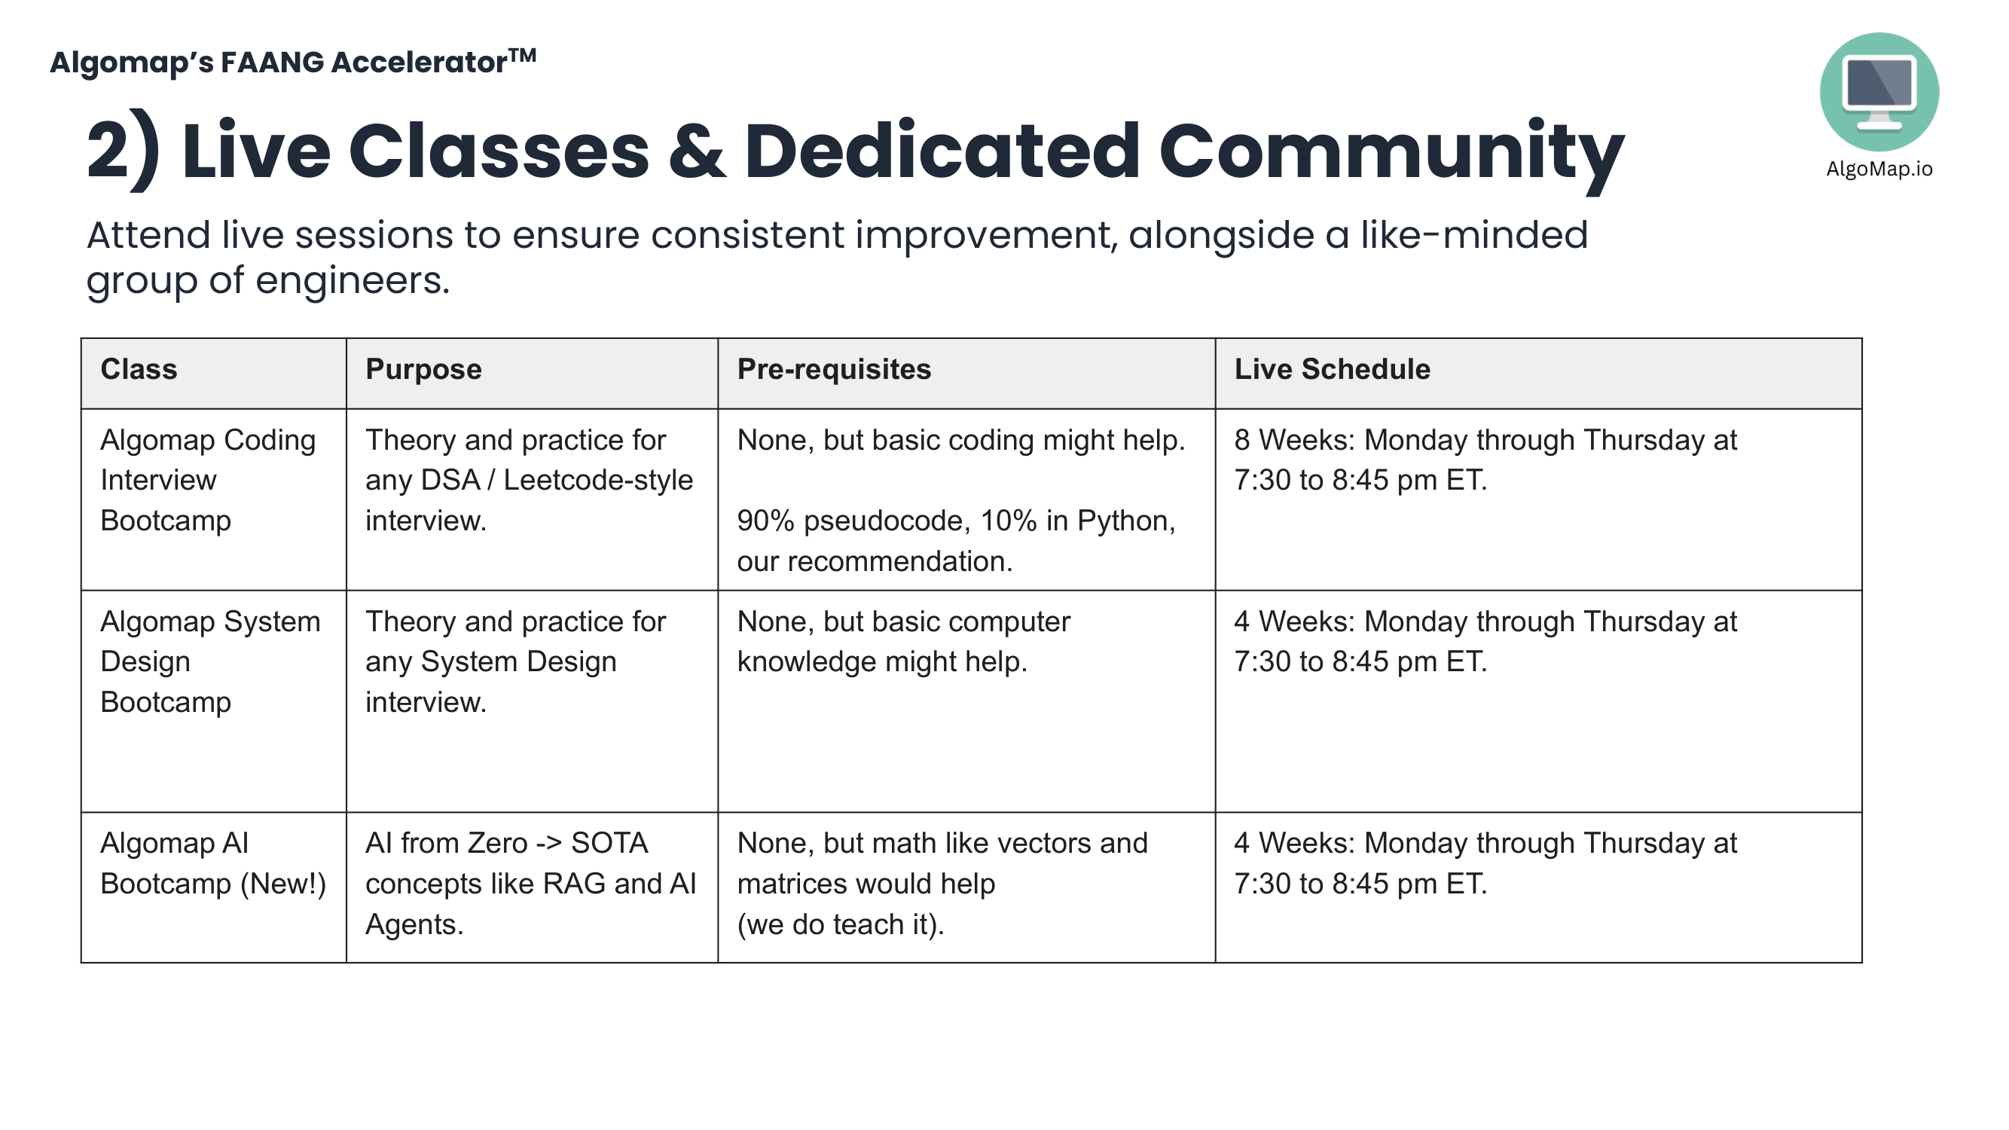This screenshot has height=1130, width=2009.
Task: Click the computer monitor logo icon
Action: tap(1879, 91)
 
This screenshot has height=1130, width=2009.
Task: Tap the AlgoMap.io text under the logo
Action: tap(1879, 169)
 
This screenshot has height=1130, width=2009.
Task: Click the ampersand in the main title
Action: tap(696, 151)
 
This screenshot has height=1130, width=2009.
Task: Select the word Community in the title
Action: tap(1391, 151)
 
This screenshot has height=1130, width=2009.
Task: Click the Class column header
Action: tap(139, 370)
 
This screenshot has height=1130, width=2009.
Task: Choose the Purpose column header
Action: tap(423, 370)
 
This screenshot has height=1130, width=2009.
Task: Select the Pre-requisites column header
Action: tap(834, 370)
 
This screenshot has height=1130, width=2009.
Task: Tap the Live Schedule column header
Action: tap(1332, 370)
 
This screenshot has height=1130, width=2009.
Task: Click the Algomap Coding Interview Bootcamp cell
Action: tap(207, 481)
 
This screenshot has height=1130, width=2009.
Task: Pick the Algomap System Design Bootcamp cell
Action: tap(210, 662)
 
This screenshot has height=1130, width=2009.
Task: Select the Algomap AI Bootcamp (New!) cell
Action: tap(213, 864)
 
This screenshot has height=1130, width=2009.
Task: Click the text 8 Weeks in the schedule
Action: tap(1295, 441)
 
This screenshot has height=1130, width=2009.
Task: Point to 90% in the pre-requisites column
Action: tap(765, 521)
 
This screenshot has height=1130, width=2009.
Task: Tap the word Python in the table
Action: tap(1125, 521)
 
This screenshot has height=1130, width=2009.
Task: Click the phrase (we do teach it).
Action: tap(840, 925)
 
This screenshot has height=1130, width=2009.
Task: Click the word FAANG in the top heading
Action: tap(272, 63)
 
